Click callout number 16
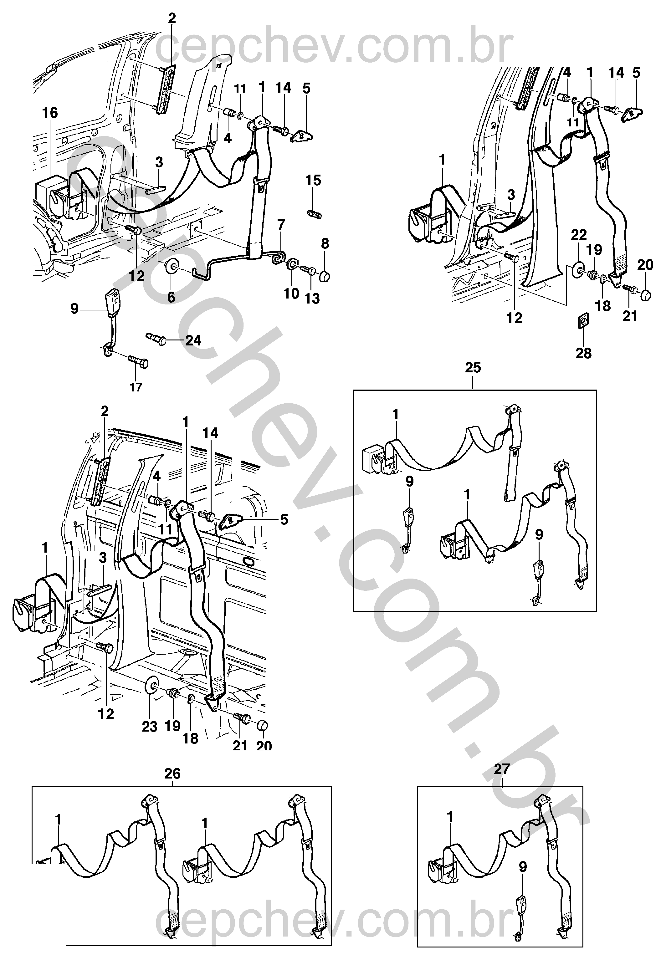click(50, 113)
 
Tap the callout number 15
click(313, 181)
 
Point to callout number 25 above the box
click(473, 368)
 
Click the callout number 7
click(281, 224)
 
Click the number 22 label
click(579, 235)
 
